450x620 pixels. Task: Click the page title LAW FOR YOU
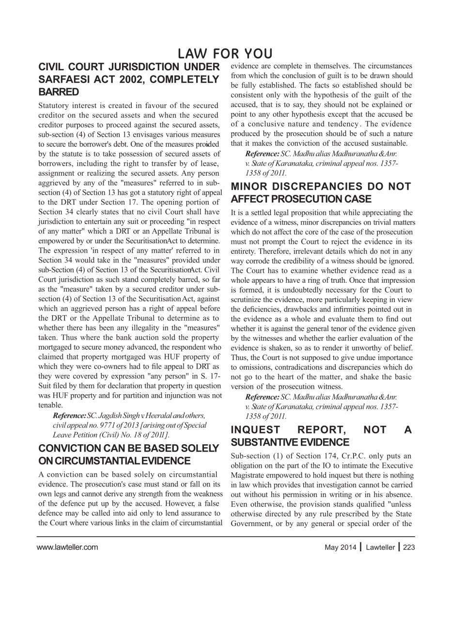pyautogui.click(x=225, y=54)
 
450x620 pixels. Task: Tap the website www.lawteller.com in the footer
pyautogui.click(x=67, y=547)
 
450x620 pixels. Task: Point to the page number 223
pyautogui.click(x=409, y=547)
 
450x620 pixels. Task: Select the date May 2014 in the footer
pyautogui.click(x=340, y=547)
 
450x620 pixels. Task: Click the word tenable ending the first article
pyautogui.click(x=50, y=405)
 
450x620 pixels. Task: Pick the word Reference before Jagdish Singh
pyautogui.click(x=69, y=416)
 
